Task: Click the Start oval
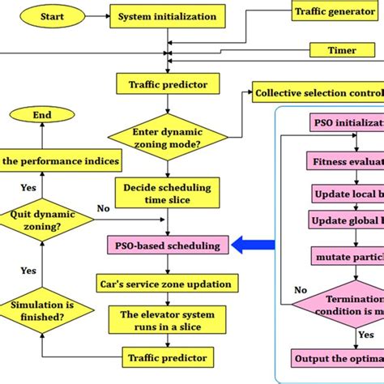click(52, 16)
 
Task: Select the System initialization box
click(167, 16)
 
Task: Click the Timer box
click(342, 50)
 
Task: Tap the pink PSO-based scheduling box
click(167, 244)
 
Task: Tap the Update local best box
click(347, 194)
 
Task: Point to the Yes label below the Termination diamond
click(365, 335)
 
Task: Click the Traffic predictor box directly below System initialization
click(167, 83)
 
